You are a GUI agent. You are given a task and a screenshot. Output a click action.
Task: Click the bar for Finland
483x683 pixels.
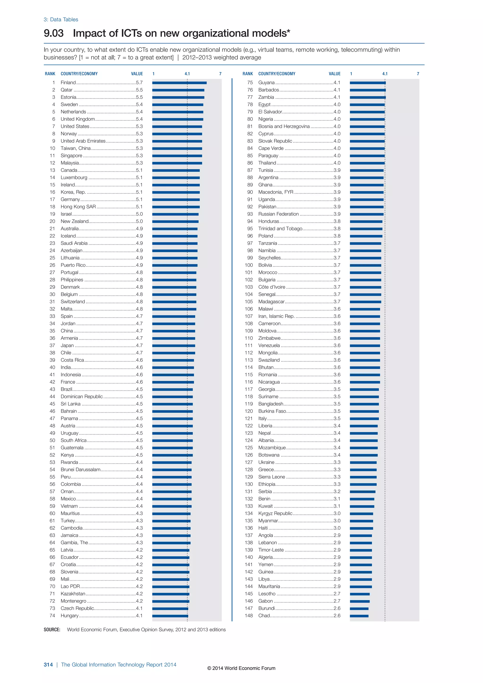click(x=179, y=83)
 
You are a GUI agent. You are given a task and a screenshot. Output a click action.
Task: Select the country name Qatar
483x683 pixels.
click(x=66, y=90)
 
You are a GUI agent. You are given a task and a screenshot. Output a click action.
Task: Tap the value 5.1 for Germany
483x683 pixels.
click(x=139, y=199)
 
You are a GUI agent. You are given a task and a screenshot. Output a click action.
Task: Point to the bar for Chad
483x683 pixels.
click(x=359, y=616)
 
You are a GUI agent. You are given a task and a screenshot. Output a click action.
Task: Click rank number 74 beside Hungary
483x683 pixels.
click(x=52, y=616)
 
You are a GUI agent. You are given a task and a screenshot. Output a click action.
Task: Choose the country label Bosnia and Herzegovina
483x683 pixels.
click(x=284, y=126)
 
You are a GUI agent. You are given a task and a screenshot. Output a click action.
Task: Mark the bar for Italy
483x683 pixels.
click(x=364, y=419)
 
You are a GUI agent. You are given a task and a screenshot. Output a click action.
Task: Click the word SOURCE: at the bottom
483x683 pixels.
click(x=52, y=629)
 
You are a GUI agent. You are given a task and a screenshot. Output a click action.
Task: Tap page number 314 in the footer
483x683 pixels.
click(x=48, y=665)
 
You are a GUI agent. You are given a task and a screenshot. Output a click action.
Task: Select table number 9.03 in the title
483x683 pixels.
click(x=54, y=33)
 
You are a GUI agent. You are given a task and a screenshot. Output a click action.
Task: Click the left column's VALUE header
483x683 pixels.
click(x=137, y=74)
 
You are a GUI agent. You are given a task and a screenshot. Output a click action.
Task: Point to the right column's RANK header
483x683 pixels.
click(x=247, y=74)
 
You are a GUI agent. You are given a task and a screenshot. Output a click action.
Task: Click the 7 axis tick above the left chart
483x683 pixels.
click(x=220, y=74)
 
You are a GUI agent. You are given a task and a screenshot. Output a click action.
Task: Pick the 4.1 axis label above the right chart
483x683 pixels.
click(x=385, y=74)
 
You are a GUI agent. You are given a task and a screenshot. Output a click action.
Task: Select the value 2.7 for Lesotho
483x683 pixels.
click(x=337, y=594)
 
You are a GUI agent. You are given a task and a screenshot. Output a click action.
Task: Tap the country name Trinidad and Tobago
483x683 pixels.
click(x=280, y=229)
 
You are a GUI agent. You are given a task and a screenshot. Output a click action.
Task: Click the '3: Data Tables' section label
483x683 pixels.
click(x=61, y=20)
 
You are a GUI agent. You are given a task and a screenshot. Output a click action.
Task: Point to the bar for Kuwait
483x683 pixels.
click(x=362, y=506)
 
